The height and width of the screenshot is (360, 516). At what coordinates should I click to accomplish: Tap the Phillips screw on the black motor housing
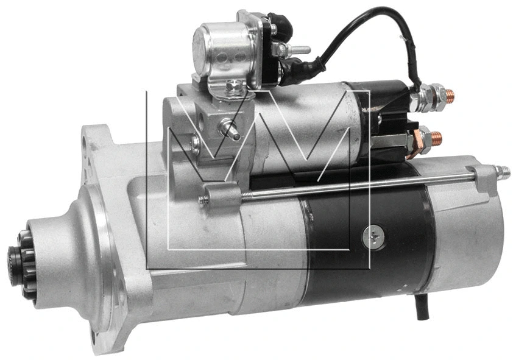[373, 237]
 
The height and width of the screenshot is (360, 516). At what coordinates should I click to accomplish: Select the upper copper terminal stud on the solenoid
[448, 95]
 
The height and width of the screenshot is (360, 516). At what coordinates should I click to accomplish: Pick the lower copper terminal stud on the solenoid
[435, 139]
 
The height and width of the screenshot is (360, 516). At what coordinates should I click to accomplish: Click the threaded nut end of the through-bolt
[502, 172]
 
